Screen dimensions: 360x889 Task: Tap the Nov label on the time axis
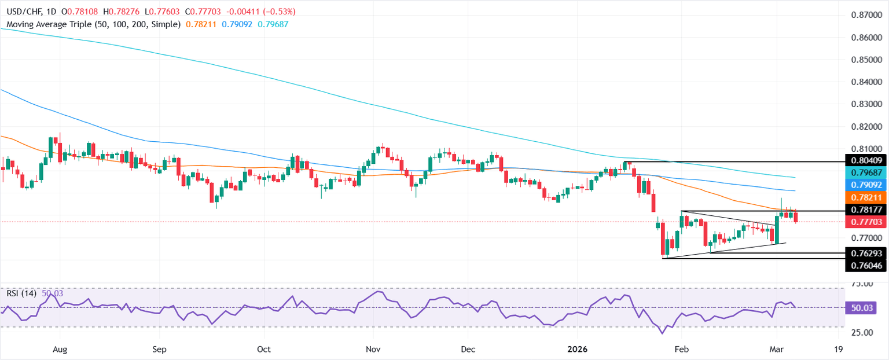373,350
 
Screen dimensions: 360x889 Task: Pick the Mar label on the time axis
776,350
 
